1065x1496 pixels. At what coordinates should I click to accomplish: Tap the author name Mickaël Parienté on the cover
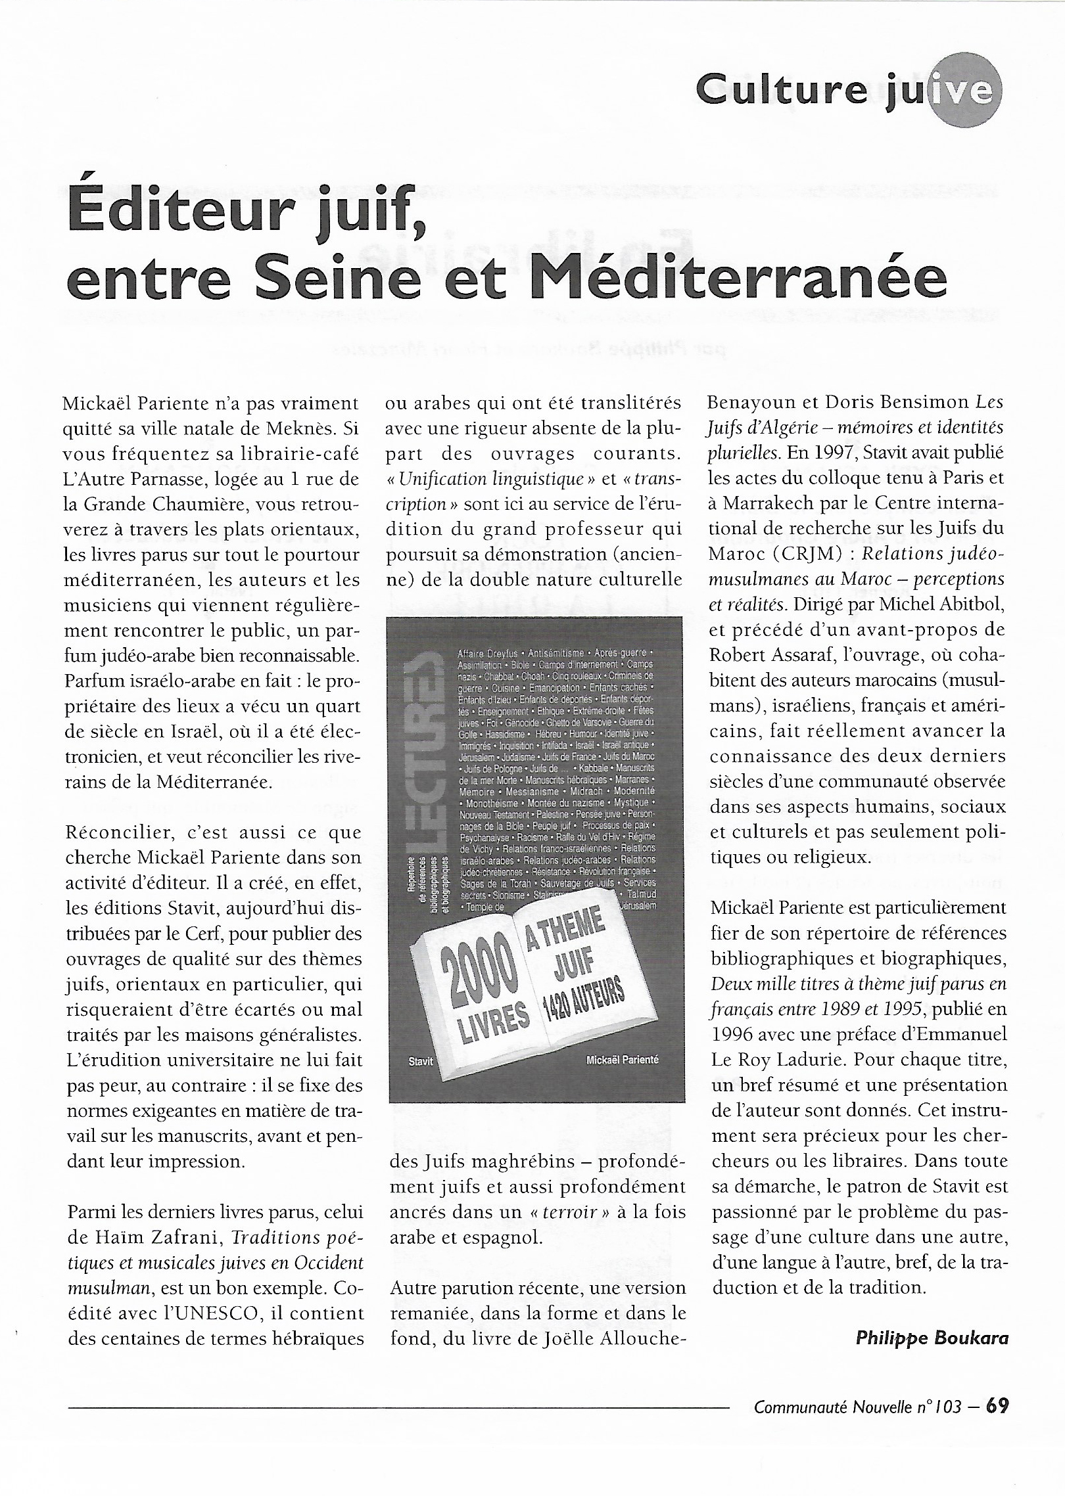point(622,1060)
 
